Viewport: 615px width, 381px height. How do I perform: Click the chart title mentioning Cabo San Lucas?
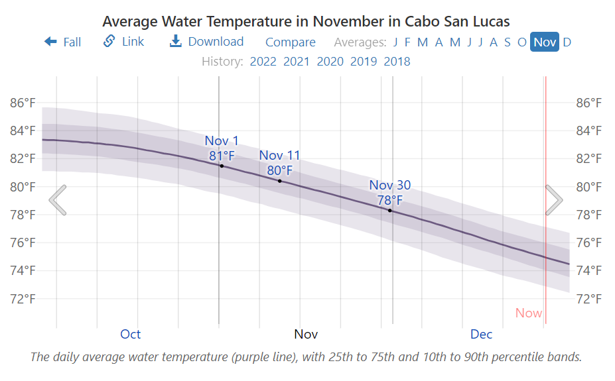point(306,21)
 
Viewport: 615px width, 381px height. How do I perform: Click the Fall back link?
point(63,42)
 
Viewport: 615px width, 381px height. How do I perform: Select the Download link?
point(207,42)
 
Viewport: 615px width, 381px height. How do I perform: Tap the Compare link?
point(290,42)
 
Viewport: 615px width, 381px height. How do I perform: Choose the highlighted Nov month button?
point(545,42)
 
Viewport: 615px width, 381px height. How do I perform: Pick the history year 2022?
point(263,62)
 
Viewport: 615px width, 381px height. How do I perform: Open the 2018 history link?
point(397,62)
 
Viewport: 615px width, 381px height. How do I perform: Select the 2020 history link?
point(330,62)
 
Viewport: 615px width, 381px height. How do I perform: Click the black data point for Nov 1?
point(222,166)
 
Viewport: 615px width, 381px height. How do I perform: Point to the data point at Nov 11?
point(280,181)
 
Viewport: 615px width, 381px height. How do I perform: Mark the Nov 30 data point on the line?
point(390,211)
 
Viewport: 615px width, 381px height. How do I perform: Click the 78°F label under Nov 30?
point(390,199)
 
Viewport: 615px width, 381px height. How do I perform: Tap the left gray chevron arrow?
point(58,200)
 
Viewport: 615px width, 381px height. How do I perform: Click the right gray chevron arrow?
point(554,200)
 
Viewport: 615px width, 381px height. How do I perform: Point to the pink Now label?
point(528,313)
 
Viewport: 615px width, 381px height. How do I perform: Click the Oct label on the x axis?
point(131,334)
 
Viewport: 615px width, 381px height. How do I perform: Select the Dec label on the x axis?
point(482,334)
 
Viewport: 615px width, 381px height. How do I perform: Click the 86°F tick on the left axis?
point(23,103)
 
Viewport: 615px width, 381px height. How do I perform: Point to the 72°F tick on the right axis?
point(589,298)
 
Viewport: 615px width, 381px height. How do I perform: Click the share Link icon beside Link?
point(109,42)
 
